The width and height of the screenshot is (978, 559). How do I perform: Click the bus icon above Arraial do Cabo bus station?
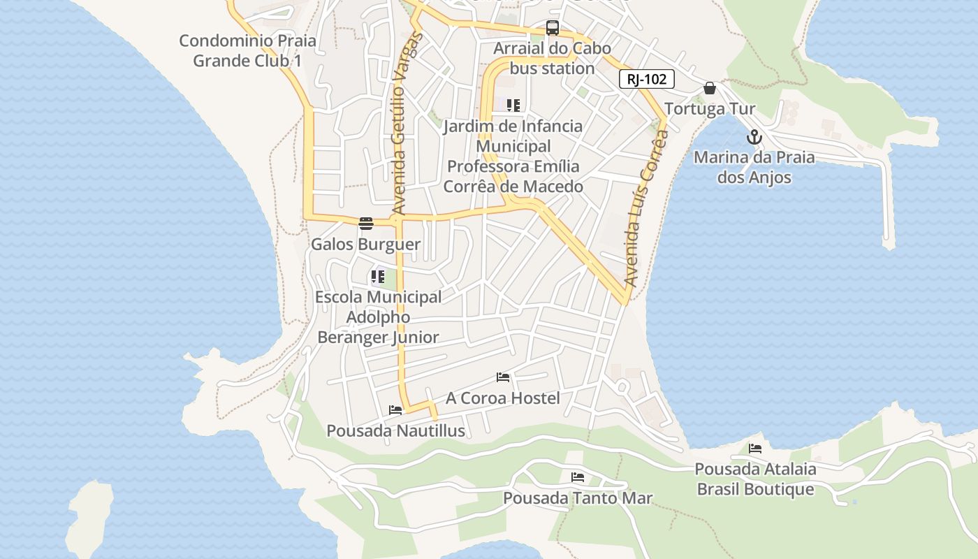click(553, 28)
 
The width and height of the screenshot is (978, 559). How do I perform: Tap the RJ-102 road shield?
click(646, 79)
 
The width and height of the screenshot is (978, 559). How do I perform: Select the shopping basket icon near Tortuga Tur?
click(710, 88)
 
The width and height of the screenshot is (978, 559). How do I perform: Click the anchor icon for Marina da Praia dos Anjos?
click(754, 137)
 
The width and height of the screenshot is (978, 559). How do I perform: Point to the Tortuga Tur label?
click(710, 109)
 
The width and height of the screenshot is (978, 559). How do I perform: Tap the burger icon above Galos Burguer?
click(366, 224)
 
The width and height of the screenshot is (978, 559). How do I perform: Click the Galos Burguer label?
click(365, 245)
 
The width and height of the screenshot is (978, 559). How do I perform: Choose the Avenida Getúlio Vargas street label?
click(400, 122)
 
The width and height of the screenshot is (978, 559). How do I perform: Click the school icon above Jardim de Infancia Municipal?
click(513, 106)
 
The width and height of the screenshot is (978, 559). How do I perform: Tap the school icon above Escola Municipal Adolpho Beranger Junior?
click(378, 276)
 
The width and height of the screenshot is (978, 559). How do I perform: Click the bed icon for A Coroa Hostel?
click(503, 378)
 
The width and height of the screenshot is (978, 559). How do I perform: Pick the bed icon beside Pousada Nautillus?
click(395, 410)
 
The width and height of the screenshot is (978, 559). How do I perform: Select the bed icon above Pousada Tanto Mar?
click(578, 477)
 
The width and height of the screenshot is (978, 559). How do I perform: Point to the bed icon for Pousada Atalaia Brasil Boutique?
click(755, 449)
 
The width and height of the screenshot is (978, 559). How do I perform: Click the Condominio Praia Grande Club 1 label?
click(247, 50)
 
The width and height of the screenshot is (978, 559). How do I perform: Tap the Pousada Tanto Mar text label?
click(578, 498)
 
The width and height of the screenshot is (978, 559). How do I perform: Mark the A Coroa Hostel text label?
click(503, 398)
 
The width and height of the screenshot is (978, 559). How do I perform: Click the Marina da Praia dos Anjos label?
click(754, 167)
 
